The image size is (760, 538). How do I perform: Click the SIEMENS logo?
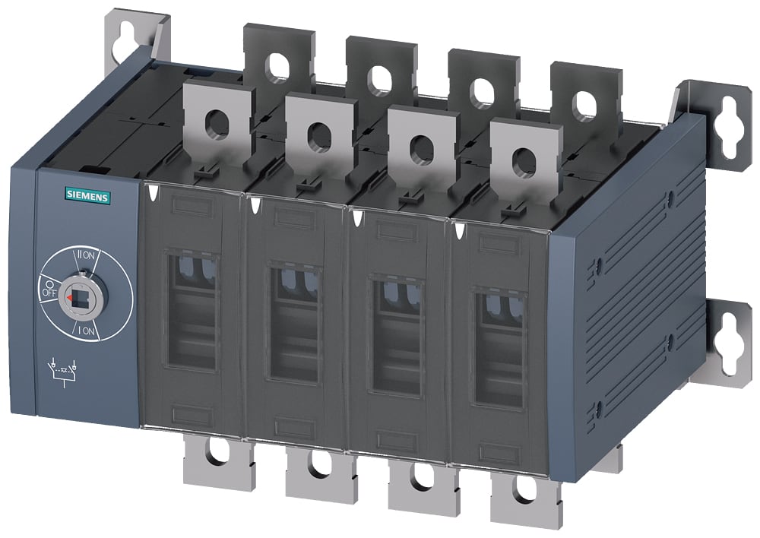click(x=88, y=197)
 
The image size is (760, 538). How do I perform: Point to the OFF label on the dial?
click(x=49, y=290)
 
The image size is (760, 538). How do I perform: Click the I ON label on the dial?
click(x=87, y=332)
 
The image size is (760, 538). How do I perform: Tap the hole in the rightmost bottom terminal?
click(x=524, y=492)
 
